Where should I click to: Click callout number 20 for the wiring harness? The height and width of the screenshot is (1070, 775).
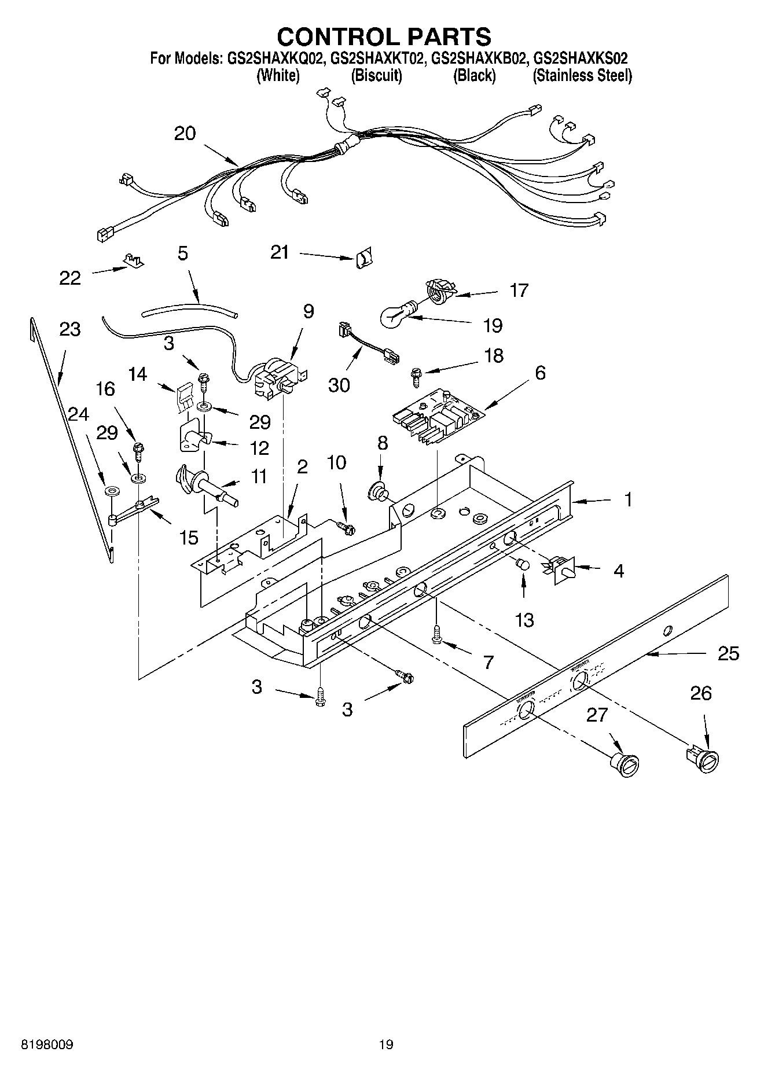pos(185,134)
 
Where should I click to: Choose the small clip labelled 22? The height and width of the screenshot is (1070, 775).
pos(133,262)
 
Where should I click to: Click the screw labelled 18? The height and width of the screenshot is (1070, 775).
pos(416,377)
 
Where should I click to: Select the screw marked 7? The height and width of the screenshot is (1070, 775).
pos(438,634)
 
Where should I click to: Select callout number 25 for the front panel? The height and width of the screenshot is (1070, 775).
pos(728,654)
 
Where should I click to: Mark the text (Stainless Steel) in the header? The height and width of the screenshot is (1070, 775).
pos(582,75)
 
